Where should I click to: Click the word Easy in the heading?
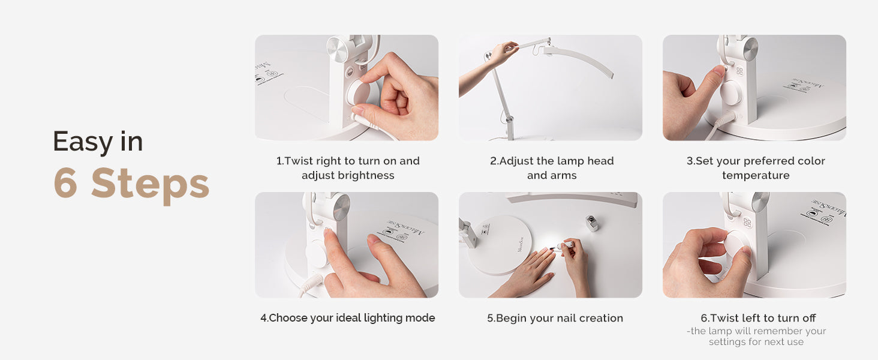pos(83,142)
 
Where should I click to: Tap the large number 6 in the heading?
pos(65,182)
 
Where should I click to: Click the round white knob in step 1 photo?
pos(359,94)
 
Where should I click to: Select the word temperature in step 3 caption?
pos(756,175)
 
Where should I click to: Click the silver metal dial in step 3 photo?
pos(747,49)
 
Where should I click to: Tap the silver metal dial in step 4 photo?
pos(341,206)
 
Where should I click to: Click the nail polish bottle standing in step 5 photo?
pos(591,223)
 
